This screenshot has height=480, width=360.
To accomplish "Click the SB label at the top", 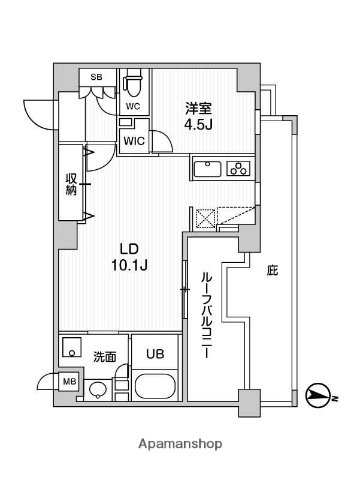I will [96, 76].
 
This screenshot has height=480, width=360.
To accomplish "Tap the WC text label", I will [132, 104].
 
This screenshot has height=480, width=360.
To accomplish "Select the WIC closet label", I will [134, 141].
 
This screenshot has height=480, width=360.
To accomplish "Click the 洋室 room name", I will [196, 107].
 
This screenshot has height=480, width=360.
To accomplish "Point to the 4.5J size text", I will [197, 127].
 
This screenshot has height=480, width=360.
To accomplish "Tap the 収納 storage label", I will [70, 183].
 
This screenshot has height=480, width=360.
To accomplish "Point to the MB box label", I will [69, 381].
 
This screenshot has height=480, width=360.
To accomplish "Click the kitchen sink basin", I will [206, 168].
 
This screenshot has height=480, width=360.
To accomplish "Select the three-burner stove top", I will [239, 168].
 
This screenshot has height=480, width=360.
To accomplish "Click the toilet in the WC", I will [132, 84].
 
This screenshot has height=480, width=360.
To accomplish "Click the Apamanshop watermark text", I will [180, 443].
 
